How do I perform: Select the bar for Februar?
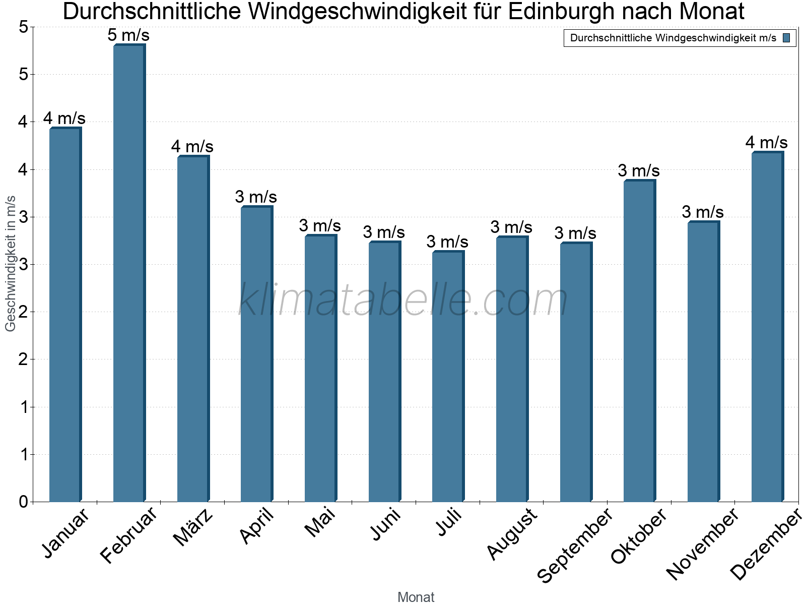(x=129, y=272)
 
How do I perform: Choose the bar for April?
(x=256, y=353)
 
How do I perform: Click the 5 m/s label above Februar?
(x=128, y=35)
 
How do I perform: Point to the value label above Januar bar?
(x=64, y=118)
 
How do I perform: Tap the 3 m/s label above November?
(x=703, y=212)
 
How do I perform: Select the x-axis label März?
(x=193, y=527)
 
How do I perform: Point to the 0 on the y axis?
(x=23, y=502)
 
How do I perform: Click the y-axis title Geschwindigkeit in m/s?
(x=11, y=263)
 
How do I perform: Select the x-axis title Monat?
(x=416, y=597)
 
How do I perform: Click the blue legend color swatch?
(x=787, y=38)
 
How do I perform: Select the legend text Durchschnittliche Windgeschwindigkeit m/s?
(x=673, y=38)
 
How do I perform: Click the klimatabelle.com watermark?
(x=403, y=300)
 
